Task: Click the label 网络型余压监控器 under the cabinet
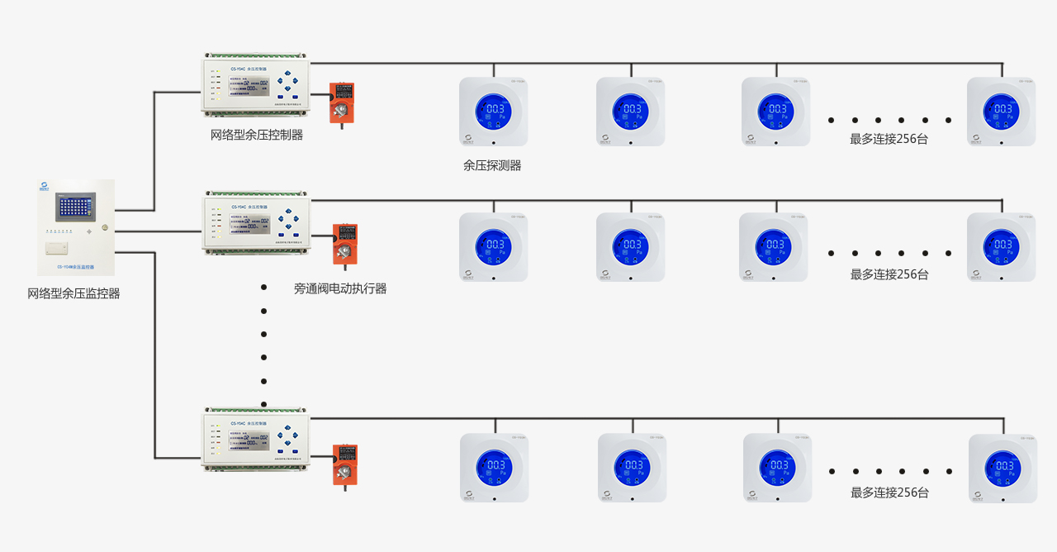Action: pyautogui.click(x=73, y=293)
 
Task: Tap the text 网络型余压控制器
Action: pyautogui.click(x=256, y=135)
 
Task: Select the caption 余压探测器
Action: pyautogui.click(x=492, y=165)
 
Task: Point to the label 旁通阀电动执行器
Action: pyautogui.click(x=340, y=288)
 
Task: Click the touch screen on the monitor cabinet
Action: pyautogui.click(x=75, y=207)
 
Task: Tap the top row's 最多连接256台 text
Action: pyautogui.click(x=889, y=139)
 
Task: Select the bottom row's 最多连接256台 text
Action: pyautogui.click(x=889, y=493)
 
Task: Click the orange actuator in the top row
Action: pyautogui.click(x=341, y=102)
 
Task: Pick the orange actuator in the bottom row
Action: pyautogui.click(x=344, y=464)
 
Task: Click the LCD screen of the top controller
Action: pyautogui.click(x=249, y=83)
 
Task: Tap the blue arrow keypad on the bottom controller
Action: pyautogui.click(x=288, y=437)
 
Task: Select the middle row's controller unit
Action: pyautogui.click(x=257, y=224)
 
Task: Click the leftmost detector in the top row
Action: pyautogui.click(x=493, y=112)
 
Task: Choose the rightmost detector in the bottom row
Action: pyautogui.click(x=1002, y=468)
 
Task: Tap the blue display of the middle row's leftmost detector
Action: pyautogui.click(x=493, y=245)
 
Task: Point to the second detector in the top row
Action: pyautogui.click(x=630, y=112)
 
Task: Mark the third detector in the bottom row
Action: pyautogui.click(x=777, y=468)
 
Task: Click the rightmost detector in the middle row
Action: pyautogui.click(x=1001, y=247)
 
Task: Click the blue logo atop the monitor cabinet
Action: pyautogui.click(x=46, y=186)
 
